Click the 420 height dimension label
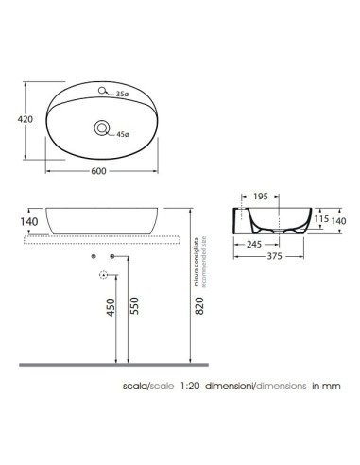click(26, 119)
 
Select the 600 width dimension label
click(98, 171)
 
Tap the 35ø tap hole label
click(122, 94)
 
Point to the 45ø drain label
click(123, 134)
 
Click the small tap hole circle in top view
click(102, 91)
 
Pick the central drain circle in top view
click(102, 129)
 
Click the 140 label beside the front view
click(29, 222)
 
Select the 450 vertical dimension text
click(111, 307)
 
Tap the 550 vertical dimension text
click(134, 305)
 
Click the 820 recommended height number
click(199, 305)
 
